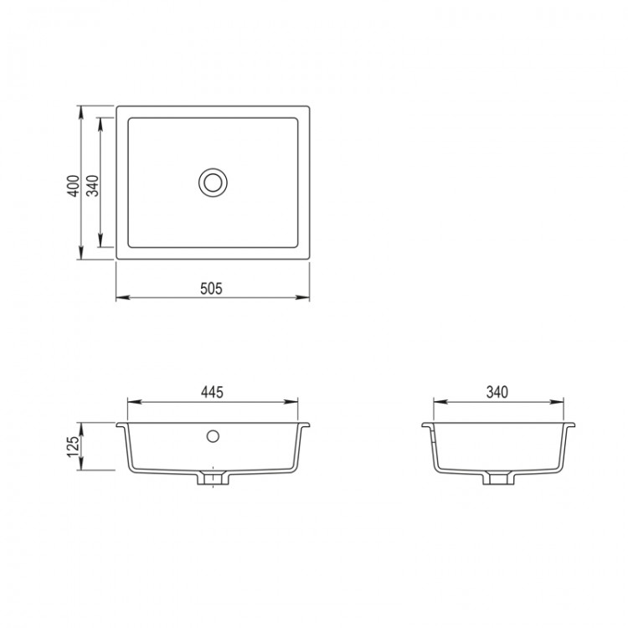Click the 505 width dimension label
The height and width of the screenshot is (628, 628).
[211, 288]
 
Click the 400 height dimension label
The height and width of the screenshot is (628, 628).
[74, 186]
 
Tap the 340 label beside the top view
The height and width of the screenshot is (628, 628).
[92, 186]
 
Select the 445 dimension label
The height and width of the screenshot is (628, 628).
[213, 392]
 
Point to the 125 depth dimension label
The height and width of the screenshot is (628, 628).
[74, 446]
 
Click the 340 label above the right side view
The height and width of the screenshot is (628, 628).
[497, 392]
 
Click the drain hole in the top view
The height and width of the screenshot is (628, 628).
[213, 183]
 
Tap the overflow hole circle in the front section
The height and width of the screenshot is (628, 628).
[213, 436]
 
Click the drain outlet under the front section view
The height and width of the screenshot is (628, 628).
[213, 478]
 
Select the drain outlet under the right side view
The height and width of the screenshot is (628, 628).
[499, 478]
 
